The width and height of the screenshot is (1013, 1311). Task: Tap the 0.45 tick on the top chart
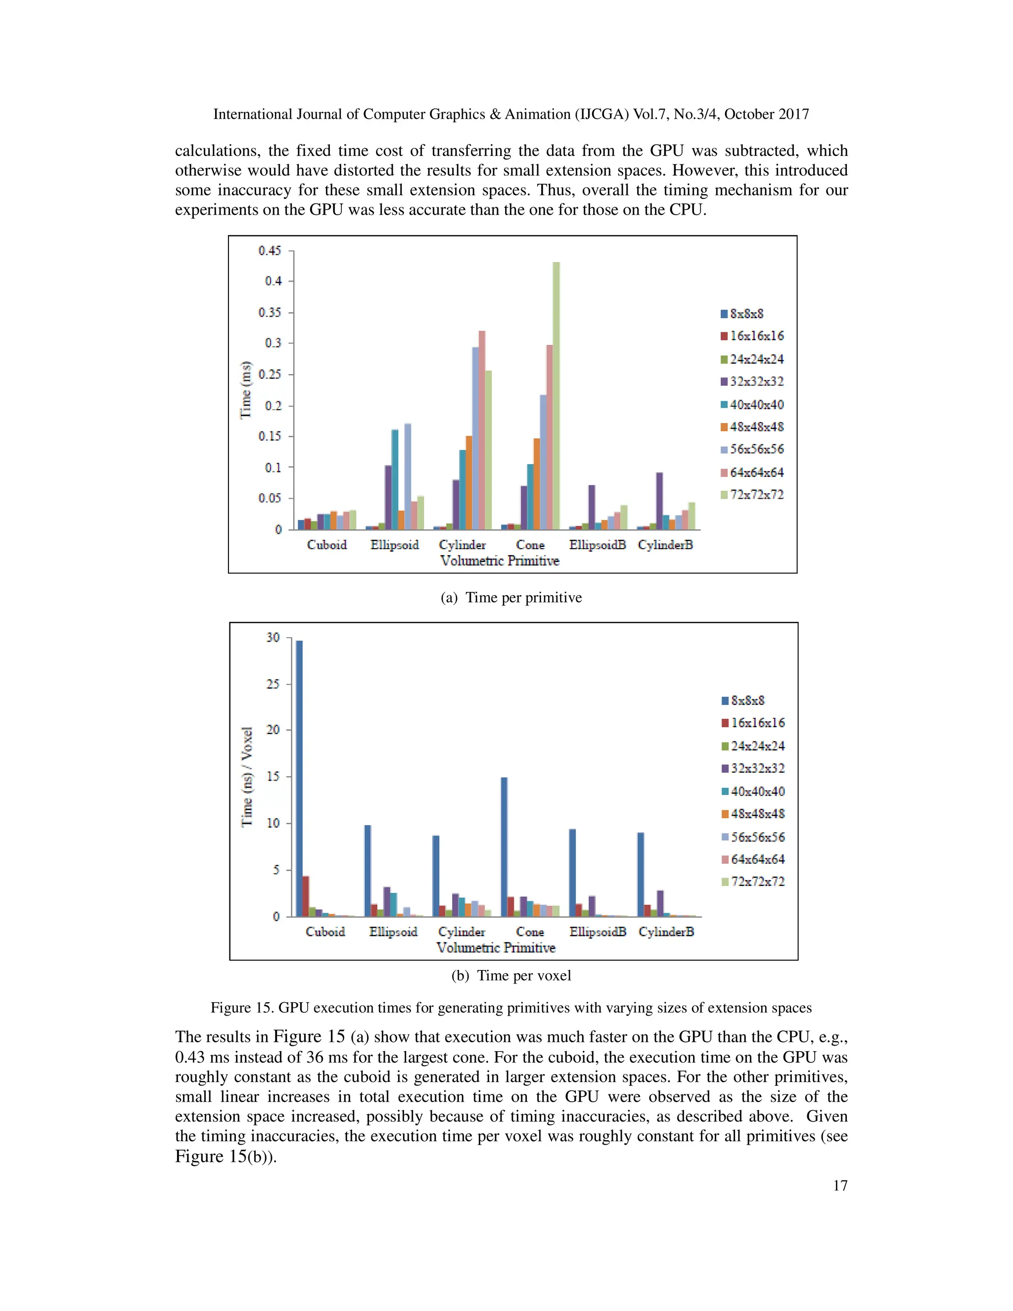(270, 251)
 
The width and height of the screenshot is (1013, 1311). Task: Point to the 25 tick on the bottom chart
(273, 684)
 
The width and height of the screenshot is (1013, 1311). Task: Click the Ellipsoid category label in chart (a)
(394, 545)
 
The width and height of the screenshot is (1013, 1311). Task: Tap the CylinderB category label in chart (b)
(666, 932)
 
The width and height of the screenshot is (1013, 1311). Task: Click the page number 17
(839, 1185)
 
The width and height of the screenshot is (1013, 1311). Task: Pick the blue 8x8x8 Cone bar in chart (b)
(504, 847)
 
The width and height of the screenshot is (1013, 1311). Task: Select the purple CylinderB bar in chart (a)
(659, 501)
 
